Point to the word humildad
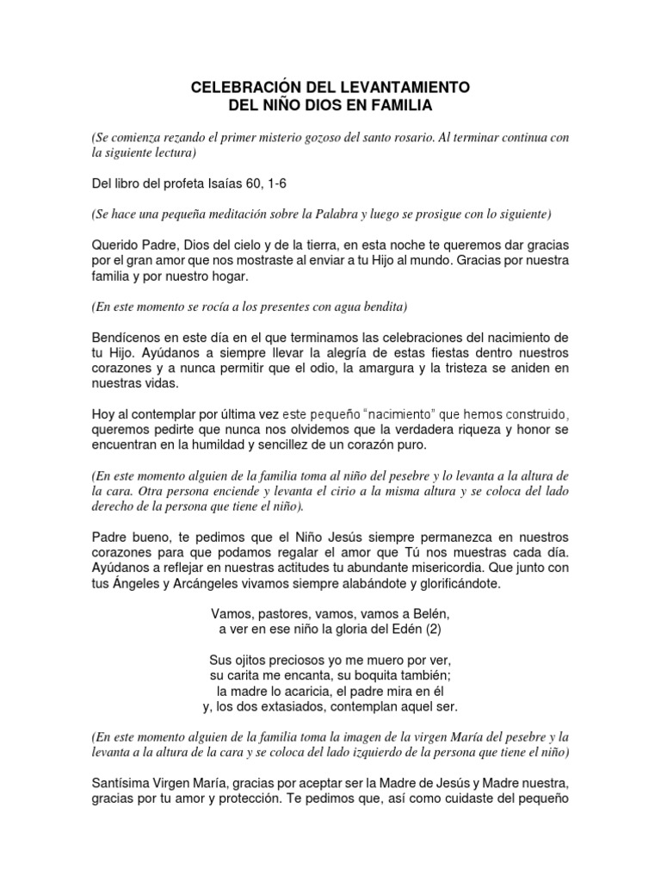point(267,445)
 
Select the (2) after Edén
point(441,631)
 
